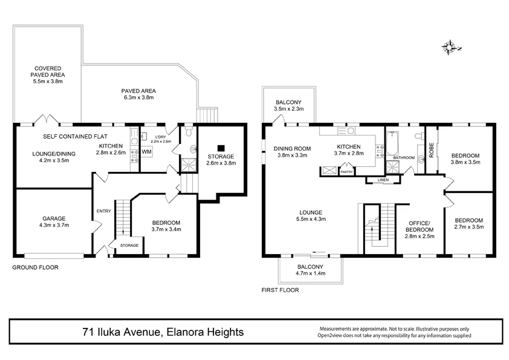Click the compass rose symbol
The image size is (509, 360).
pyautogui.click(x=450, y=47)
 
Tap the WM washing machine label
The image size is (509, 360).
pyautogui.click(x=147, y=152)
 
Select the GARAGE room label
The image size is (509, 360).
pyautogui.click(x=54, y=218)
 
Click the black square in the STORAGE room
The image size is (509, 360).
pyautogui.click(x=221, y=147)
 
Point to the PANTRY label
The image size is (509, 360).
pyautogui.click(x=346, y=172)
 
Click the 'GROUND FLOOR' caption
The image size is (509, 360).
pyautogui.click(x=36, y=267)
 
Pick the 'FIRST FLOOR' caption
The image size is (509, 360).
pyautogui.click(x=280, y=290)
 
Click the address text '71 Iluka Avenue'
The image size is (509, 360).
pyautogui.click(x=121, y=332)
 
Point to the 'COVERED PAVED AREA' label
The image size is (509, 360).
pyautogui.click(x=48, y=74)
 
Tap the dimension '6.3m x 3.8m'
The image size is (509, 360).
pyautogui.click(x=139, y=97)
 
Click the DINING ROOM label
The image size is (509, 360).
pyautogui.click(x=292, y=148)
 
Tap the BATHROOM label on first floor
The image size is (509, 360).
pyautogui.click(x=404, y=158)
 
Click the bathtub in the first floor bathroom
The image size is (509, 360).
pyautogui.click(x=393, y=145)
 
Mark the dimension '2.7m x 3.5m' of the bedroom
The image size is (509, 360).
pyautogui.click(x=468, y=227)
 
